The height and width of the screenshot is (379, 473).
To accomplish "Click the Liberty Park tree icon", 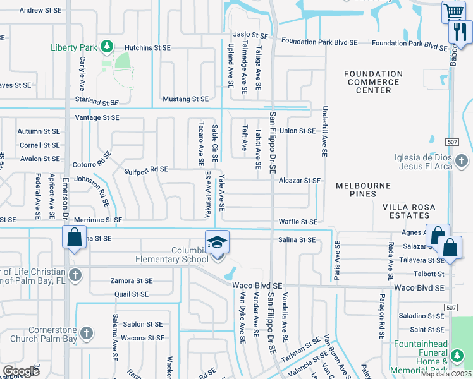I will click(x=107, y=47).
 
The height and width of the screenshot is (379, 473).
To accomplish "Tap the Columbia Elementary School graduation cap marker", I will click(x=216, y=243).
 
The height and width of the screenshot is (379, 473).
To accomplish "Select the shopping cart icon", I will click(x=453, y=12).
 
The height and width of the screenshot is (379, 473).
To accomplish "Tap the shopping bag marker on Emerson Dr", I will click(x=74, y=239).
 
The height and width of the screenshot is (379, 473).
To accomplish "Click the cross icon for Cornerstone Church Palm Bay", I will click(x=87, y=333).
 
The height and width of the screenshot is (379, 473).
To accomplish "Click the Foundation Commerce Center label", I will click(x=373, y=82).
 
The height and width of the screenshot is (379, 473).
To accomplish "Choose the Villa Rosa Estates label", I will click(x=414, y=211).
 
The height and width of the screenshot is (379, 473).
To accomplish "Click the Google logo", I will click(x=21, y=371).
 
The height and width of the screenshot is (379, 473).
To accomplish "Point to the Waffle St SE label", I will click(x=298, y=222).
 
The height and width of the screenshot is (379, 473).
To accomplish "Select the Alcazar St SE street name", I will click(x=300, y=180).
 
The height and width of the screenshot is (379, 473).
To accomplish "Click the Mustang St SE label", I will click(x=186, y=99).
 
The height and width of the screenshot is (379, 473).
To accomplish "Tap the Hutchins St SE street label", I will click(x=147, y=47).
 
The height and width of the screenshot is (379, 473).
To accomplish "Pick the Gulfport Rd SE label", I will click(x=146, y=169).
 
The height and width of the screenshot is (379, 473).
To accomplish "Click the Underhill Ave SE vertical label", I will click(x=324, y=131).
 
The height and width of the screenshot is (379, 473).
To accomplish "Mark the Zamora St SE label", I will click(x=131, y=280).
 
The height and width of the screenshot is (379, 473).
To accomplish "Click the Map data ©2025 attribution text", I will click(x=446, y=374).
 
